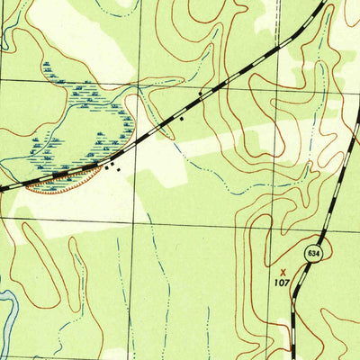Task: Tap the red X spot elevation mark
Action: point(283,268)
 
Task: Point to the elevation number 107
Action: point(282,282)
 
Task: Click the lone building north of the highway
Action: point(200,93)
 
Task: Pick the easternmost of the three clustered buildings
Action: point(117,168)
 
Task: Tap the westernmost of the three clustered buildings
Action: point(104,166)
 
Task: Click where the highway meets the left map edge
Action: point(2,188)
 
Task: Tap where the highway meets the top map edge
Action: point(321,2)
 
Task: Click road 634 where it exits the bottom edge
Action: point(292,357)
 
